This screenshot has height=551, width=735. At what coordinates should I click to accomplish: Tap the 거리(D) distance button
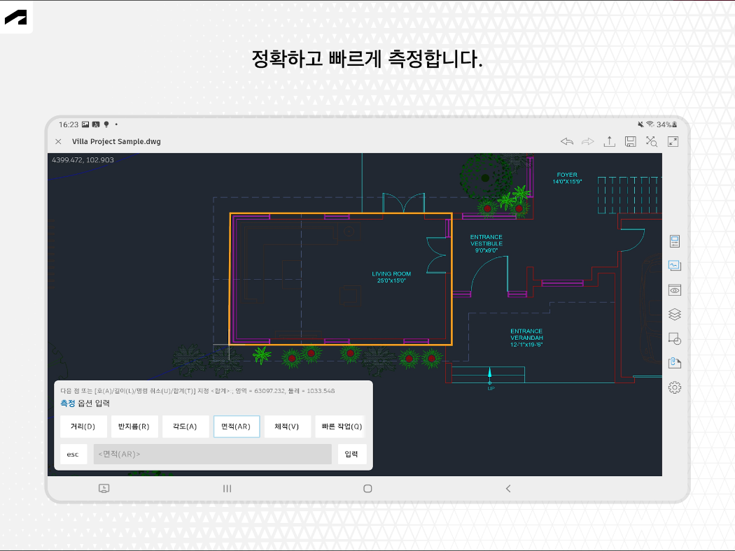83,427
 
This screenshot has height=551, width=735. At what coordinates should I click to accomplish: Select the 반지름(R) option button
134,427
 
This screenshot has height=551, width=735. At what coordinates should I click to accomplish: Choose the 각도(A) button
185,427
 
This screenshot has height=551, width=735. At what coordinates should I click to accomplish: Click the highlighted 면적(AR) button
237,427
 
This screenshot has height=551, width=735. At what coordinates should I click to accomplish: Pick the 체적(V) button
287,427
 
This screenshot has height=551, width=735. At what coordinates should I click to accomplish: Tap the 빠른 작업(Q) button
342,427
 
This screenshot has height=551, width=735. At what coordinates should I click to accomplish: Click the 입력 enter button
351,454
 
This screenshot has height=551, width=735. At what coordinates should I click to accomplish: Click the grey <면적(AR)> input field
212,454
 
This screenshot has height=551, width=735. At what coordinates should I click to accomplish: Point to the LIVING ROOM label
391,277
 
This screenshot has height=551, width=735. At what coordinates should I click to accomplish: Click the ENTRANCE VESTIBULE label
486,243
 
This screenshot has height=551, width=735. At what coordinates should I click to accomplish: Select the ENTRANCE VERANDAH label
526,338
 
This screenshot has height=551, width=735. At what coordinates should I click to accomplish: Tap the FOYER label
566,178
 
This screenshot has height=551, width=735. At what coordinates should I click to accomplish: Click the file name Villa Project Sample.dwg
116,141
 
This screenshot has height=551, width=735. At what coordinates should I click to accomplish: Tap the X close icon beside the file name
58,141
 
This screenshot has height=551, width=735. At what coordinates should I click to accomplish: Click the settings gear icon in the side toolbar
675,387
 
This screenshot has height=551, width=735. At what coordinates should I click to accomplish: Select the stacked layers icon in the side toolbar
675,314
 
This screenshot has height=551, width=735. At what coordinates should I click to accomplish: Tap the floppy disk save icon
631,141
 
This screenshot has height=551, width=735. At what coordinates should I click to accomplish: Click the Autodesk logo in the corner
15,17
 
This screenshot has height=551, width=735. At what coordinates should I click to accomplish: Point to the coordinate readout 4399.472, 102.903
83,160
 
